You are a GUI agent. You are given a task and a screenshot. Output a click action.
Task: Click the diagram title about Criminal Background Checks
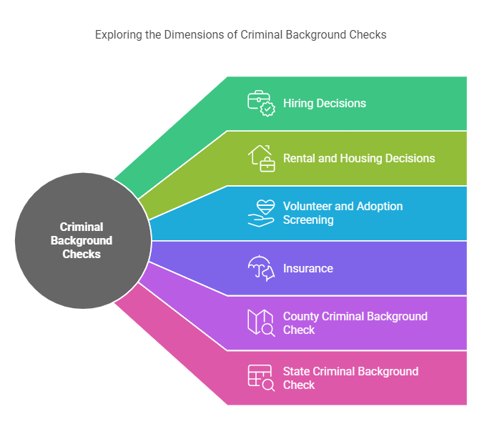click(x=241, y=34)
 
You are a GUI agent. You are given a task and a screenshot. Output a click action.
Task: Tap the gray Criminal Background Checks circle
click(x=82, y=240)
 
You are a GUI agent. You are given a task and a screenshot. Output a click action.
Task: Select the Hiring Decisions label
click(x=324, y=103)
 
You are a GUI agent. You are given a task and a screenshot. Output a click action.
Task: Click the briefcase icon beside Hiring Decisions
click(x=261, y=103)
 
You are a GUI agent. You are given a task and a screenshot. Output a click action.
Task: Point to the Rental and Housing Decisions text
click(x=359, y=158)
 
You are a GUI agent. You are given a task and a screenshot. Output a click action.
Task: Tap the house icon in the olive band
click(x=261, y=158)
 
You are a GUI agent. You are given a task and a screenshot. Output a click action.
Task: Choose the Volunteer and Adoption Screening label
click(x=343, y=213)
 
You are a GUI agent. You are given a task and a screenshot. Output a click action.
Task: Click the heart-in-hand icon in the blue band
click(x=261, y=213)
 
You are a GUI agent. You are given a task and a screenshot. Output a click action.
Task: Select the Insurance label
click(x=308, y=268)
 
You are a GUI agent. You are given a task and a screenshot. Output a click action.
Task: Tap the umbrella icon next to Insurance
click(x=261, y=268)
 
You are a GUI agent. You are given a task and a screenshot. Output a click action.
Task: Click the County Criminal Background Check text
click(x=355, y=323)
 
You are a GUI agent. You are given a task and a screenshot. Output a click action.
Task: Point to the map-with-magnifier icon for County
click(x=261, y=323)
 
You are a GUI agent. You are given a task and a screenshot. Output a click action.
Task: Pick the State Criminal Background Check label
click(x=350, y=378)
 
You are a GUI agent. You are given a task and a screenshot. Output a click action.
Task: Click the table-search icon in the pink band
click(x=261, y=378)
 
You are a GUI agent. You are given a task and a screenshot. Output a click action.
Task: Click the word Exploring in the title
click(x=118, y=34)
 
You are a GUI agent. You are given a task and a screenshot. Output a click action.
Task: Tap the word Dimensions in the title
click(x=195, y=34)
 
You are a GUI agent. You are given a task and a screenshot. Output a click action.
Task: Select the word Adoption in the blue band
click(x=379, y=206)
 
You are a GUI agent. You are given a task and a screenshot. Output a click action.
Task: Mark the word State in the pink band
click(x=297, y=371)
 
